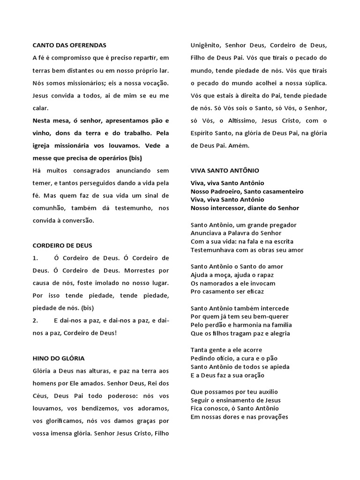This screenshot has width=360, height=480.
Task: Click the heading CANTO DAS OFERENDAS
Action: [x=69, y=45]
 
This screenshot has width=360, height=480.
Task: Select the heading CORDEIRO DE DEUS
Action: [x=62, y=245]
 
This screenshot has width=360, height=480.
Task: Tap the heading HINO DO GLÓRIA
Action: [x=59, y=359]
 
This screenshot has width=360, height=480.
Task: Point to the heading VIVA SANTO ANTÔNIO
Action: [x=225, y=171]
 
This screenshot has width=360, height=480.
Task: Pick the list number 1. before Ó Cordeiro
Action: [x=35, y=258]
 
